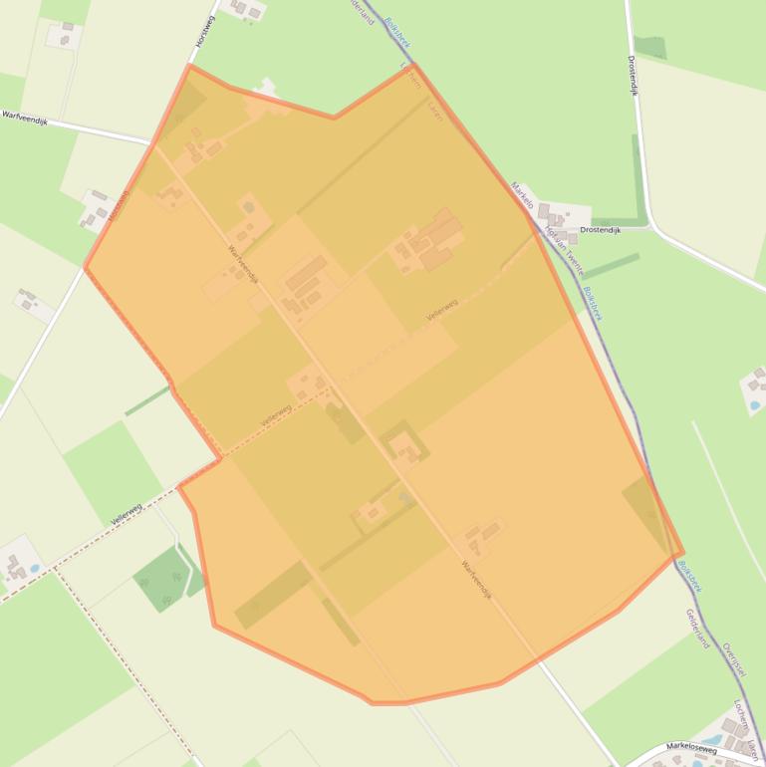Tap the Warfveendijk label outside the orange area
(x=24, y=116)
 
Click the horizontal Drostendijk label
(x=600, y=230)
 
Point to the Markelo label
(x=522, y=194)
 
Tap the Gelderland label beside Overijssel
(x=696, y=629)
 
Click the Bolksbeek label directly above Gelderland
(x=688, y=576)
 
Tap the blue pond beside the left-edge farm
(x=36, y=568)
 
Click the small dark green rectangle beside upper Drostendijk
(x=649, y=47)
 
